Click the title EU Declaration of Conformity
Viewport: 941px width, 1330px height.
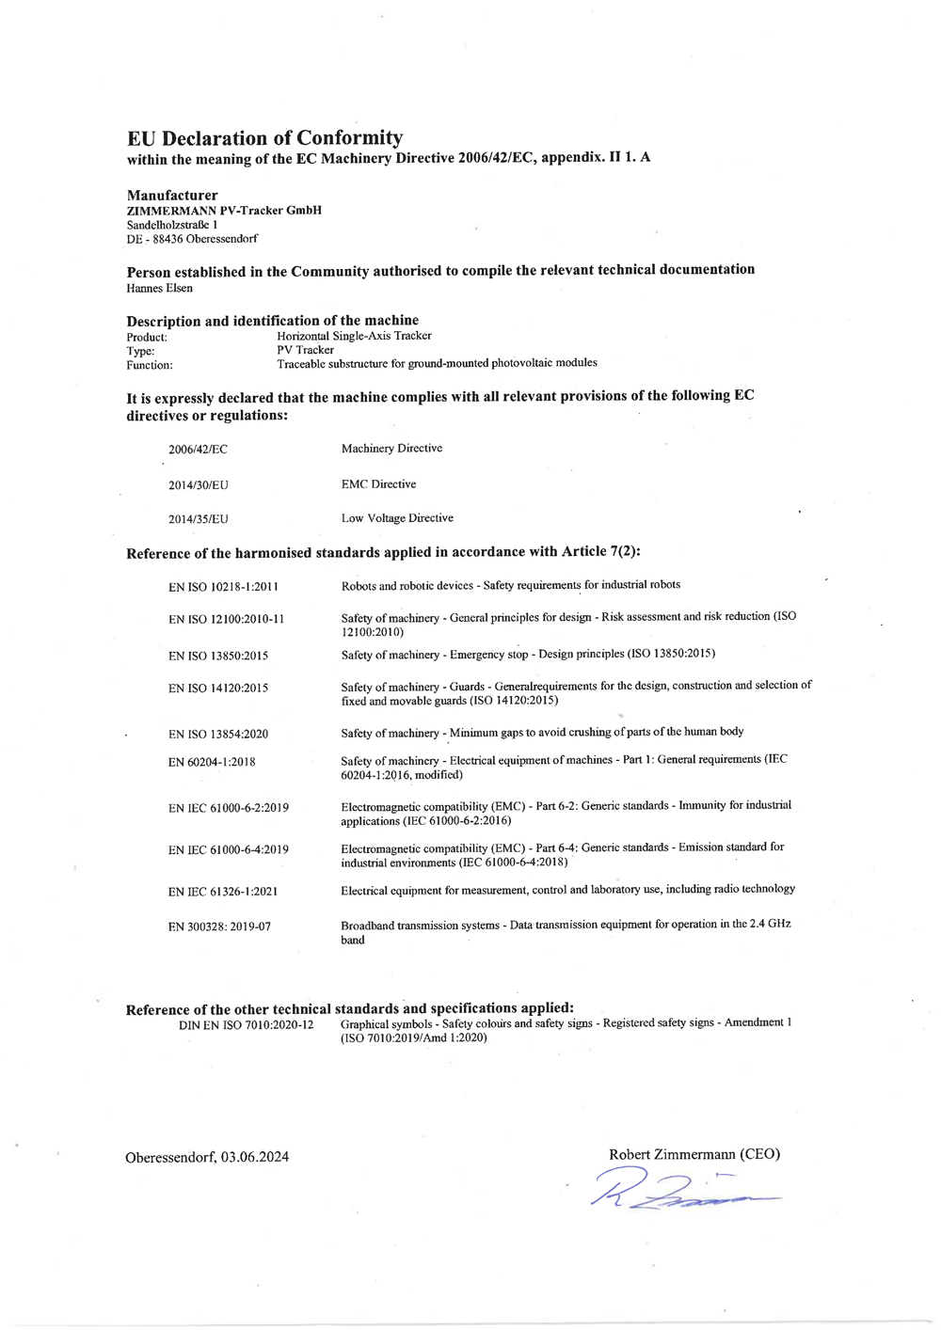tap(264, 138)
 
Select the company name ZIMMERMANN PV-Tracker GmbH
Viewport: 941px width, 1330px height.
tap(224, 211)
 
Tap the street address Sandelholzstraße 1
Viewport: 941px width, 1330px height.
tap(172, 225)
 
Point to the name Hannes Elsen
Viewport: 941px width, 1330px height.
tap(159, 288)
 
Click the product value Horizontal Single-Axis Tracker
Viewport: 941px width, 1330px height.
tap(354, 336)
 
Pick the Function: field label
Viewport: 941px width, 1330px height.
tap(150, 365)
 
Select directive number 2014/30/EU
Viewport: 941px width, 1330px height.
tap(198, 485)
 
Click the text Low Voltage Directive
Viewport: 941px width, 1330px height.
tap(397, 518)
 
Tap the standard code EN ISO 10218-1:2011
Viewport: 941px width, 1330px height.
tap(223, 587)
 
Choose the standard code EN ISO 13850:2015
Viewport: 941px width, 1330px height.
tap(218, 656)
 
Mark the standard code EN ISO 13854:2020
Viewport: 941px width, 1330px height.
tap(218, 735)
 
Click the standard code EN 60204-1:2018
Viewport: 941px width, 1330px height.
tap(212, 762)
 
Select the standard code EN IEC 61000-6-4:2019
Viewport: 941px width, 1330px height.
tap(229, 850)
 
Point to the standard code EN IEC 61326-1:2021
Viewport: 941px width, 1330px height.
tap(223, 892)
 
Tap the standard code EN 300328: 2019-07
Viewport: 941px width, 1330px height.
tap(219, 926)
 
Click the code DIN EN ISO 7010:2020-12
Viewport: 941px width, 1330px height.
tap(246, 1024)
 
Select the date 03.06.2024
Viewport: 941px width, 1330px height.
tap(256, 1157)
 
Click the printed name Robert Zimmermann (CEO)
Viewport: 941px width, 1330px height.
tap(694, 1154)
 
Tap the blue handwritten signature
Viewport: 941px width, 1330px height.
tap(678, 1189)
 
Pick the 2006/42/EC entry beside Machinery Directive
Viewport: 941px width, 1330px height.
tap(198, 450)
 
